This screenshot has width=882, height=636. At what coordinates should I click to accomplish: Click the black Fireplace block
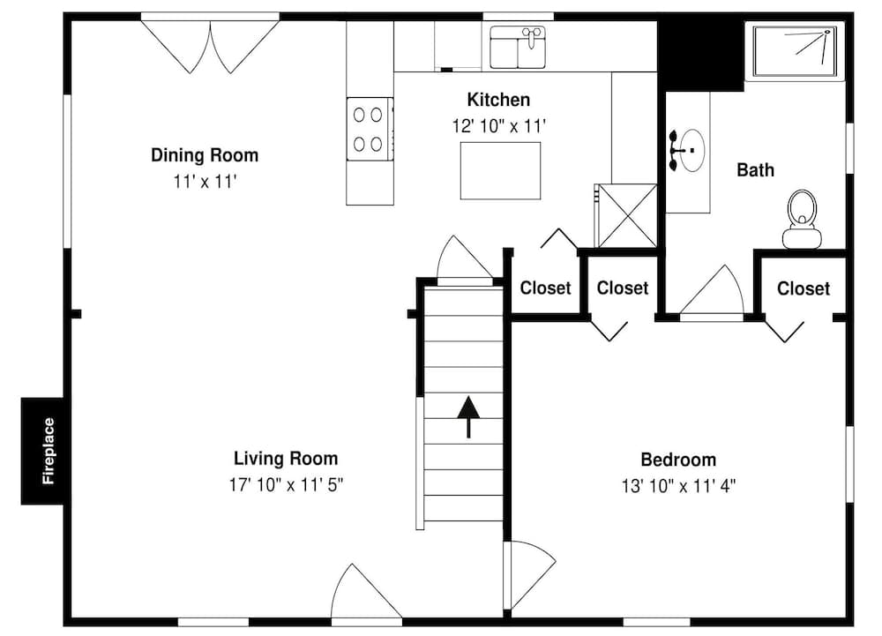43,451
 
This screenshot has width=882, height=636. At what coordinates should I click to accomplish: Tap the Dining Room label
205,156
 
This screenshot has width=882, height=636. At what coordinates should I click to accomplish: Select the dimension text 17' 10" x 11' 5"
286,484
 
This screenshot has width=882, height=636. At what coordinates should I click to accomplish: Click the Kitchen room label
498,100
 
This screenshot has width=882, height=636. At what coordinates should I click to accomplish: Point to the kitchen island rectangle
500,170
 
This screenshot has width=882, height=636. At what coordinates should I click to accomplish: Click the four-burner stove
369,129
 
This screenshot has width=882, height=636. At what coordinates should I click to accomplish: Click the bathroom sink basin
689,151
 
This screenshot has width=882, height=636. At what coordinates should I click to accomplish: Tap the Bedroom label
678,460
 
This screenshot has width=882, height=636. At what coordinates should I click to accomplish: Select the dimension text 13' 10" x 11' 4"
678,485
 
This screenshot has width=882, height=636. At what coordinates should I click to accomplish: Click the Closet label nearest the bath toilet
804,288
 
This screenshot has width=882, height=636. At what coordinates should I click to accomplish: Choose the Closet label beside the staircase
545,288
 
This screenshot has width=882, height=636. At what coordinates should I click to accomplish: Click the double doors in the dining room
211,46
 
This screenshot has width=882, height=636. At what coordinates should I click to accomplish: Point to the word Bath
756,170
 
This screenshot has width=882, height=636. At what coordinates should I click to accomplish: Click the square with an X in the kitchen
626,215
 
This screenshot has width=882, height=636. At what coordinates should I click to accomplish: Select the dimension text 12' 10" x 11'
499,126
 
